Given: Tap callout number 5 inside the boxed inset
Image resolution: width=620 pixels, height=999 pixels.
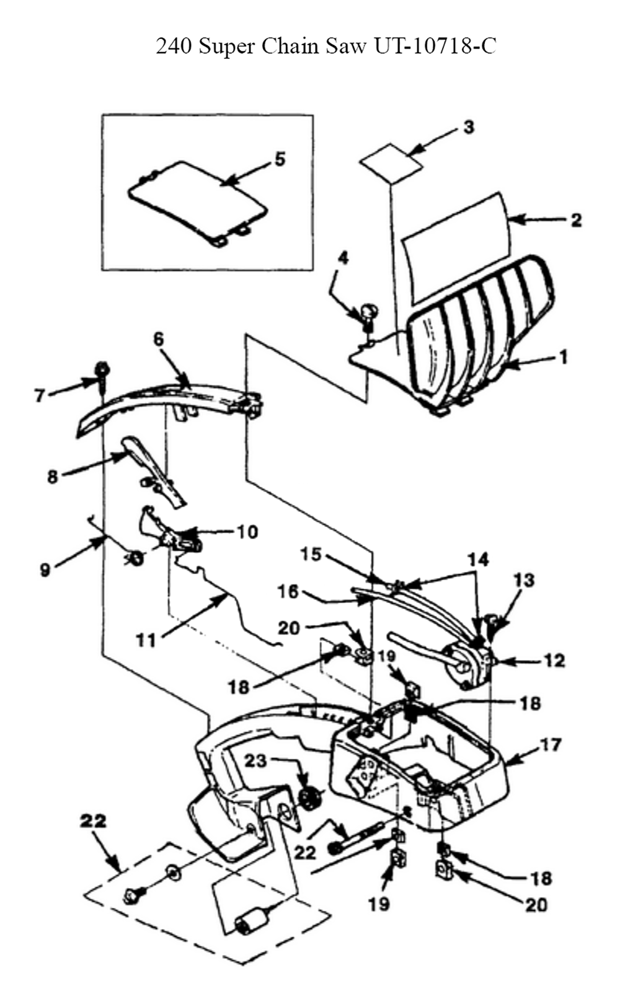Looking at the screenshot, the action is pyautogui.click(x=280, y=159).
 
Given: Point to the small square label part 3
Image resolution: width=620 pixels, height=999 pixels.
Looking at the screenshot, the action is pyautogui.click(x=391, y=163).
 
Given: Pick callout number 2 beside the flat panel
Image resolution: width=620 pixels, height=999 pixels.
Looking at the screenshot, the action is pyautogui.click(x=576, y=220).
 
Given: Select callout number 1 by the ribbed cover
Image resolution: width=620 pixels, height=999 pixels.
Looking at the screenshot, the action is pyautogui.click(x=564, y=357).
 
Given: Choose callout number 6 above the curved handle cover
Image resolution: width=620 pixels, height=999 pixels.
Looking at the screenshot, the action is pyautogui.click(x=159, y=338).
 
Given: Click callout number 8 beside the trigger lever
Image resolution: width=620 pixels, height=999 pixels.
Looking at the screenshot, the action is pyautogui.click(x=53, y=477).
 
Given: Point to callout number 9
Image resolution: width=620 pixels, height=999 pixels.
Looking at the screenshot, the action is pyautogui.click(x=45, y=570).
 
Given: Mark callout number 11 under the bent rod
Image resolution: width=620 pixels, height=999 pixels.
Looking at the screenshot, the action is pyautogui.click(x=146, y=641).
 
